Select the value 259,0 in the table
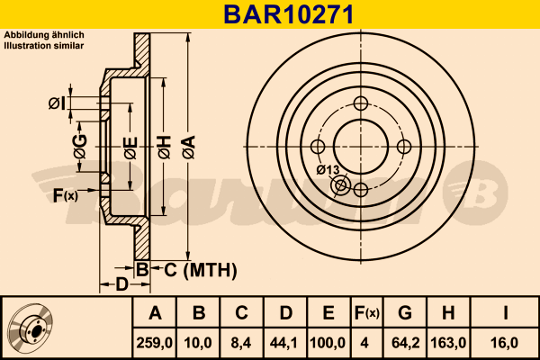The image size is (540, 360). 154,341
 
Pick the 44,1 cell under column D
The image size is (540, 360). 284,341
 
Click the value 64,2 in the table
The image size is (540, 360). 405,341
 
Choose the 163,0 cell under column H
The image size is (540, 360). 447,341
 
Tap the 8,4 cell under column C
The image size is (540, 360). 241,341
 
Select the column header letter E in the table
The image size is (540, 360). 328,313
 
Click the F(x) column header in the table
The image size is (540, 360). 366,313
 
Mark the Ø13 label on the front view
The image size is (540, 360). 328,170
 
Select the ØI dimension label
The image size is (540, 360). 56,103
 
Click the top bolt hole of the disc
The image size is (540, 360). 361,103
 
